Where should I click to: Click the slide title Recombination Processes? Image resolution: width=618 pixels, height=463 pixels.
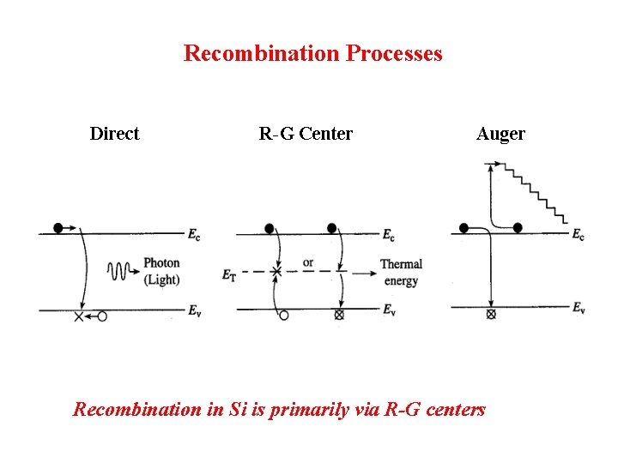coord(313,53)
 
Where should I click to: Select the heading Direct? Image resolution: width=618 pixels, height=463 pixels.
coord(114,133)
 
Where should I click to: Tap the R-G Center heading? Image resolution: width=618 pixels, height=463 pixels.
coord(306,133)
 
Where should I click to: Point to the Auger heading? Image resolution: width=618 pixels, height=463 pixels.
coord(500,133)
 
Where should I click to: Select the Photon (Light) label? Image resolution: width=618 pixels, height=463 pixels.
coord(161,272)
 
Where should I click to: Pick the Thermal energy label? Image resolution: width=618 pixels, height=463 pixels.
coord(401,273)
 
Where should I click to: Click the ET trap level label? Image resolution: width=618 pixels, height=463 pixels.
coord(228,274)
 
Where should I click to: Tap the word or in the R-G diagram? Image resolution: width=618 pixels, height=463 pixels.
coord(308,262)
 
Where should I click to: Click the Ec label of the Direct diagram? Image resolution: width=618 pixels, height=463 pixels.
coord(196,234)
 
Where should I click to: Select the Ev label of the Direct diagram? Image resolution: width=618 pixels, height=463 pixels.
coord(196,310)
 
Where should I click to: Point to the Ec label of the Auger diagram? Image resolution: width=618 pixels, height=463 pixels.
coord(578,235)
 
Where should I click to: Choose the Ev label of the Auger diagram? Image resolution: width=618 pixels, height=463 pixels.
coord(579,308)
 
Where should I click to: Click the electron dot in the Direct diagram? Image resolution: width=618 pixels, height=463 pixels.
coord(58,228)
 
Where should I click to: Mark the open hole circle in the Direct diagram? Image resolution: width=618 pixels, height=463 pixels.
coord(102,316)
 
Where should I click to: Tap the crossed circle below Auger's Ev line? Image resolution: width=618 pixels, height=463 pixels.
coord(491,316)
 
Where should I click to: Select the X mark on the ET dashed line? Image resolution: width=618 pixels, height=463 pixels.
coord(276,273)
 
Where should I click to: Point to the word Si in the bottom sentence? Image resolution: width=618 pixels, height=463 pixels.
coord(238,409)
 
